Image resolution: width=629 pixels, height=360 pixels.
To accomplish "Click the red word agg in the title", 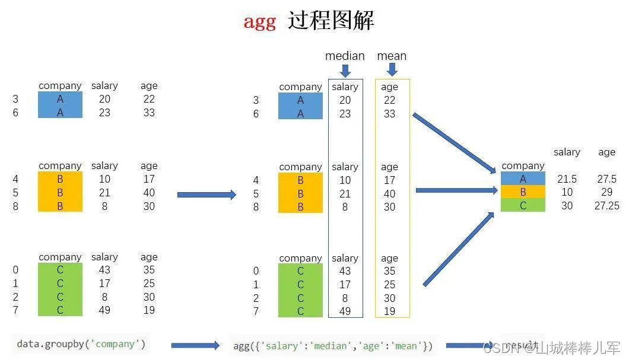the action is pyautogui.click(x=259, y=22).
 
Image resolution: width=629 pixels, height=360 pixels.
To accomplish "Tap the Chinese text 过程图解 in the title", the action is pyautogui.click(x=331, y=21).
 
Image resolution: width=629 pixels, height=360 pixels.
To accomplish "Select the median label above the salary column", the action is pyautogui.click(x=345, y=56).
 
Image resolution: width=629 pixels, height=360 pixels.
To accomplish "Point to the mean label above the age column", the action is pyautogui.click(x=392, y=56).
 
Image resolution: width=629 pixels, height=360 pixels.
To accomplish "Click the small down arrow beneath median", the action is pyautogui.click(x=345, y=71).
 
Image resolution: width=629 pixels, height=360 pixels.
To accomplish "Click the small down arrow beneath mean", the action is pyautogui.click(x=392, y=71).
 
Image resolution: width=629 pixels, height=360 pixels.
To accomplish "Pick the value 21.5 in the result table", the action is pyautogui.click(x=567, y=179).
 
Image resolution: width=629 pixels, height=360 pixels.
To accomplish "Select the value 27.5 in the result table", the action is pyautogui.click(x=606, y=179).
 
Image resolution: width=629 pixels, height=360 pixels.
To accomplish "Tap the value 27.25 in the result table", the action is pyautogui.click(x=606, y=205).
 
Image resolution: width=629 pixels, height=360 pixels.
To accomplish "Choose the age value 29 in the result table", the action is pyautogui.click(x=606, y=192).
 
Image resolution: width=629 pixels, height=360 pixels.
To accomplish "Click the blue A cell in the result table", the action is pyautogui.click(x=523, y=179).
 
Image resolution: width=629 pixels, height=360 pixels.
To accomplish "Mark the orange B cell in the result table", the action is pyautogui.click(x=523, y=192).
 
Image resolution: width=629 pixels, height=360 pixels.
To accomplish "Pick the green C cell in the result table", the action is pyautogui.click(x=523, y=205).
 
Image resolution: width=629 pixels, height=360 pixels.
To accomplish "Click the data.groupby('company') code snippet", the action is pyautogui.click(x=81, y=344).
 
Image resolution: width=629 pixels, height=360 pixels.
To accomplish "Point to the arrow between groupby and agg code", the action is pyautogui.click(x=195, y=345).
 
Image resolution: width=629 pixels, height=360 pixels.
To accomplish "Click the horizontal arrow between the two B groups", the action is pyautogui.click(x=207, y=195).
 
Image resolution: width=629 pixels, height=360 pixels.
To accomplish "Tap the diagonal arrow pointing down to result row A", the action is pyautogui.click(x=454, y=143).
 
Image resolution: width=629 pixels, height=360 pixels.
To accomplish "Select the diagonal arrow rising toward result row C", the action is pyautogui.click(x=458, y=249).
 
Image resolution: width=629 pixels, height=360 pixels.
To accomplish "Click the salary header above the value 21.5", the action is pyautogui.click(x=567, y=152).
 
